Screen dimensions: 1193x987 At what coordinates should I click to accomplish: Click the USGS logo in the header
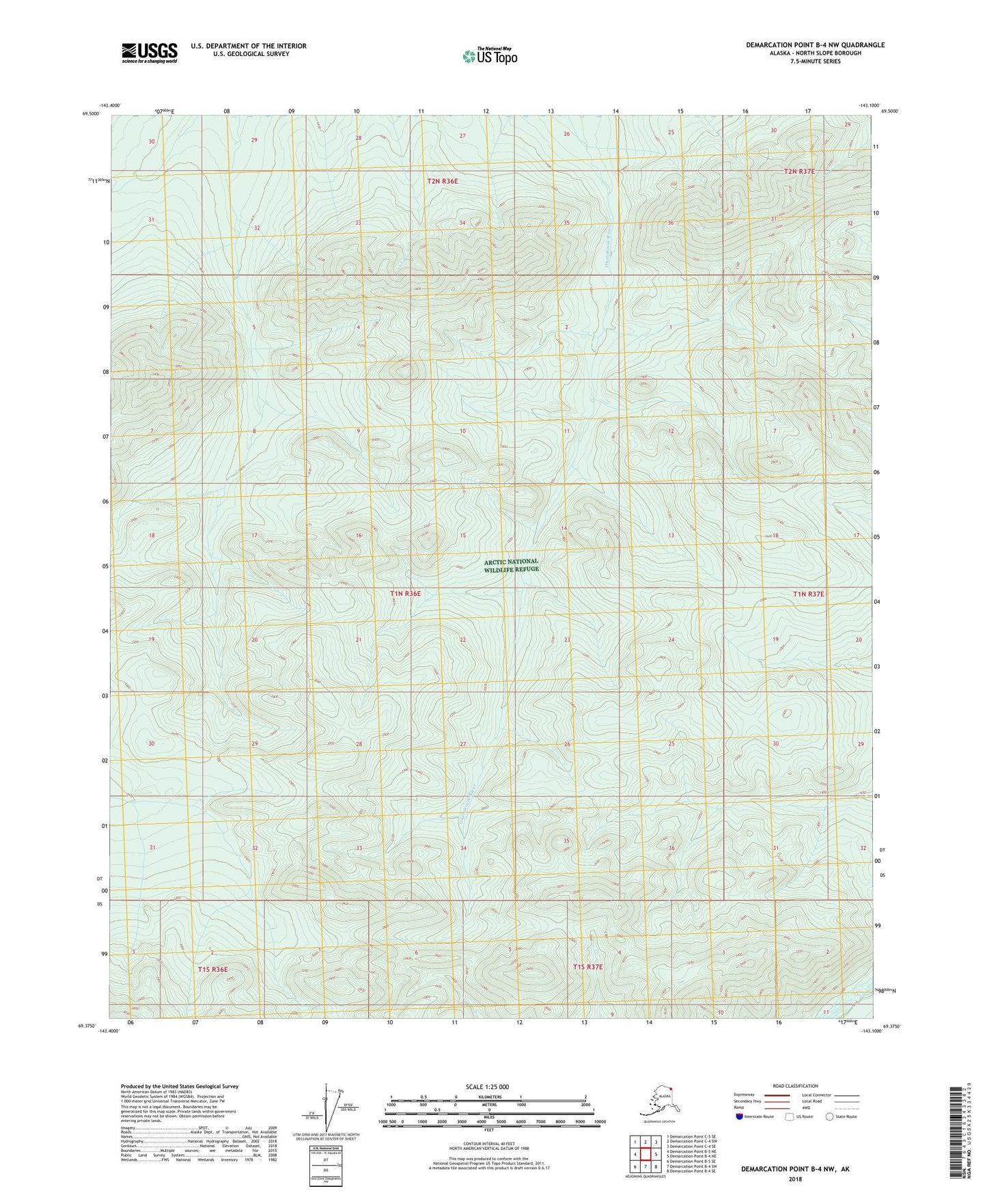(150, 53)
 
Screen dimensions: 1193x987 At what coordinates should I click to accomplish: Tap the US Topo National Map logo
(489, 56)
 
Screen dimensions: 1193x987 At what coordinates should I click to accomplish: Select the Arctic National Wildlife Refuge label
(512, 565)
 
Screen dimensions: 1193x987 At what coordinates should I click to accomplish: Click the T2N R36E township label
(443, 181)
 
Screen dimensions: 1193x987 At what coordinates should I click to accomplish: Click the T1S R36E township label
(212, 969)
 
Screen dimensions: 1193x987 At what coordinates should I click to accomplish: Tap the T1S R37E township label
(588, 967)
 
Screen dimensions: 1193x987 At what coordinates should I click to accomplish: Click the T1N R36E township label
(405, 594)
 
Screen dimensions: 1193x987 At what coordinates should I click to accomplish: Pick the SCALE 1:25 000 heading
(487, 1086)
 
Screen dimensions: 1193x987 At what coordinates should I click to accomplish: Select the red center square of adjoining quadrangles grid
(645, 1154)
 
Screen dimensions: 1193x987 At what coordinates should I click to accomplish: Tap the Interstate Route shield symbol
(740, 1116)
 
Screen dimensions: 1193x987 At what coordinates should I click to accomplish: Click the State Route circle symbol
(830, 1116)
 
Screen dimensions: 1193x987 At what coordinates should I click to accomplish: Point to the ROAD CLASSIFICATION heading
(795, 1086)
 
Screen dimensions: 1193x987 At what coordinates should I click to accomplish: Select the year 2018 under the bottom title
(795, 1179)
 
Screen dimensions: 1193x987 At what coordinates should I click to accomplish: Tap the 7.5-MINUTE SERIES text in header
(815, 61)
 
